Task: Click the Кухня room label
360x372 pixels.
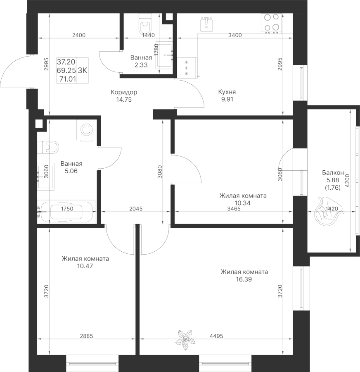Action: (x=227, y=92)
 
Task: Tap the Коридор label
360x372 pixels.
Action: (x=124, y=92)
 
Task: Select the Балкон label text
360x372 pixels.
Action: (x=333, y=173)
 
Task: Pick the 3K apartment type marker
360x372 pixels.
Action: (x=83, y=70)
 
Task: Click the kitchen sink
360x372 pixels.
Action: (x=206, y=25)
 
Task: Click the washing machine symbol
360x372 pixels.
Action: (x=87, y=130)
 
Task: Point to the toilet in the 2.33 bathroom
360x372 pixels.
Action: (x=144, y=25)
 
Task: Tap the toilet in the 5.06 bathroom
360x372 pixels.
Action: (x=49, y=147)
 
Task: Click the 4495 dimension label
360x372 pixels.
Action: (x=216, y=336)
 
